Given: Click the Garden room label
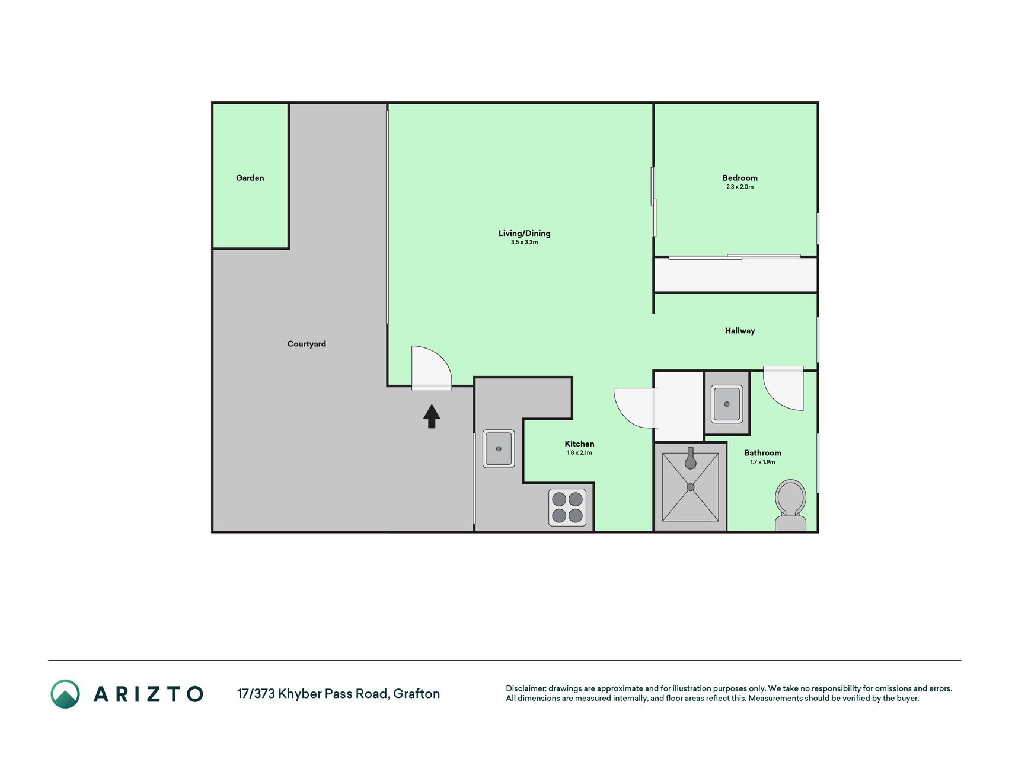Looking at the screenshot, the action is pos(250,178).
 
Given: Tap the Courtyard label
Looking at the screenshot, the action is pos(307,344).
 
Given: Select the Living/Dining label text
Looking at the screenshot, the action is pos(524,234).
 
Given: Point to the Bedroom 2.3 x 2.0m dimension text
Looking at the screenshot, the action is pos(740,187).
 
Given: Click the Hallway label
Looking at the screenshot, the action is pos(740,331).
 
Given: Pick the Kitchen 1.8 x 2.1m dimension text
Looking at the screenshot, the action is pos(579,453).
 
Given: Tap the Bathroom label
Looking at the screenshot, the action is pos(762,453).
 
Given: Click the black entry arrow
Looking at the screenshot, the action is pos(432,416).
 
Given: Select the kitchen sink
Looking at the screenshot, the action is pos(499,449).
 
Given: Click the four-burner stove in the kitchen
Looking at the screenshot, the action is pos(567,507).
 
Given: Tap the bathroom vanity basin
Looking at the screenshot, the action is pos(727,404).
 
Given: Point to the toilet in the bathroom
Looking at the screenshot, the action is pos(791,505).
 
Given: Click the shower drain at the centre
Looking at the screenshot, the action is pos(691,487).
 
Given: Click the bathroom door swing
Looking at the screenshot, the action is pos(783,388).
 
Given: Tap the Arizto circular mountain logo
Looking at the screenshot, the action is pos(65,694).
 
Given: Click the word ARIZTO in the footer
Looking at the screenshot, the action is pos(148,694).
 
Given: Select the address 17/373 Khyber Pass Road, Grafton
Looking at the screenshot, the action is pos(339,694).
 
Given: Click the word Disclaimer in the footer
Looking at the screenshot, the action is pos(526,688).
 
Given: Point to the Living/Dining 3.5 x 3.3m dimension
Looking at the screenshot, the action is pos(524,243).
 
